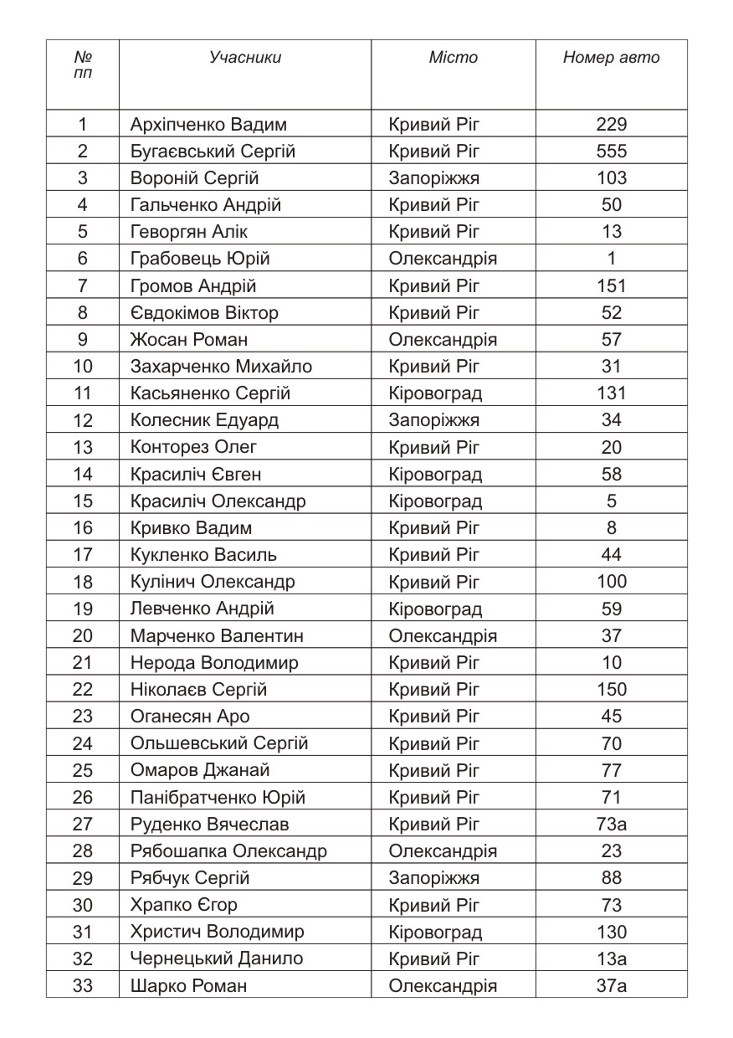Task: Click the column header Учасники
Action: pyautogui.click(x=245, y=58)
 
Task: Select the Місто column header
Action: pyautogui.click(x=453, y=58)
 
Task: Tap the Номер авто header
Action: pyautogui.click(x=611, y=58)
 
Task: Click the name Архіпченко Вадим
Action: pyautogui.click(x=208, y=125)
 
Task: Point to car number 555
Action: pyautogui.click(x=612, y=152)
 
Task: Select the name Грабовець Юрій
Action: pyautogui.click(x=200, y=259)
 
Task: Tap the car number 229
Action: pyautogui.click(x=612, y=125)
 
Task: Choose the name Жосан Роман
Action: pyautogui.click(x=189, y=340)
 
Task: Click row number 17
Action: pyautogui.click(x=83, y=555)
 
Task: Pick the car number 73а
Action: pyautogui.click(x=612, y=824)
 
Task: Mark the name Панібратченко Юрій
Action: pyautogui.click(x=218, y=797)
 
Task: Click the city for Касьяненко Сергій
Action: pyautogui.click(x=435, y=393)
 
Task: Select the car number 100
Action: pyautogui.click(x=612, y=582)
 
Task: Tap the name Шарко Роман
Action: pyautogui.click(x=188, y=985)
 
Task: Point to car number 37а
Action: pyautogui.click(x=612, y=985)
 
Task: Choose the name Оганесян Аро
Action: pyautogui.click(x=190, y=717)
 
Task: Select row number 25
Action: pyautogui.click(x=83, y=770)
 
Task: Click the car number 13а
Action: pyautogui.click(x=612, y=958)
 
